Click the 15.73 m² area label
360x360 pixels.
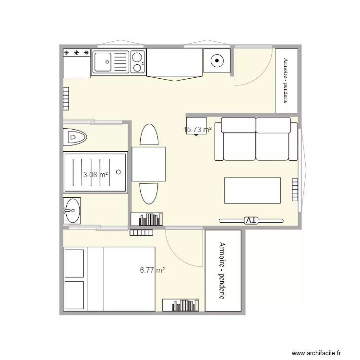click(x=198, y=130)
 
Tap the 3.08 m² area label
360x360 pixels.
click(x=96, y=175)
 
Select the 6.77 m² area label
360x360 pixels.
click(x=153, y=270)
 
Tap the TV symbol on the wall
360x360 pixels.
click(x=251, y=220)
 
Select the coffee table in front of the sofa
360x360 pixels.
click(x=252, y=191)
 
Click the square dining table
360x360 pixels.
click(x=149, y=164)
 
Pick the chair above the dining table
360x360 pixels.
click(x=149, y=135)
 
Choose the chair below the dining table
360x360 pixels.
click(x=149, y=194)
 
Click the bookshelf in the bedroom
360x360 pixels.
click(x=181, y=305)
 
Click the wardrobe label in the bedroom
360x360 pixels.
click(x=222, y=271)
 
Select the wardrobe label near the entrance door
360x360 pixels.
click(x=286, y=81)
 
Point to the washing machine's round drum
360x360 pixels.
click(x=217, y=61)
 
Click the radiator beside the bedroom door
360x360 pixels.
click(x=142, y=233)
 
